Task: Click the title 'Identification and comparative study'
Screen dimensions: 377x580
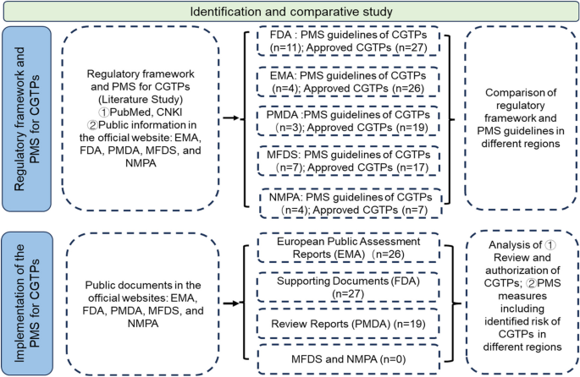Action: [x=289, y=13]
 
